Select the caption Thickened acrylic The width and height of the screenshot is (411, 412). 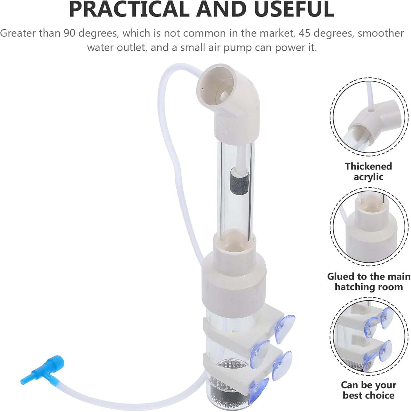pos(368,171)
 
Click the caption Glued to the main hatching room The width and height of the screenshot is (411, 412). pos(369,282)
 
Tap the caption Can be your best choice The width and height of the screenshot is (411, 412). pos(369,390)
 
